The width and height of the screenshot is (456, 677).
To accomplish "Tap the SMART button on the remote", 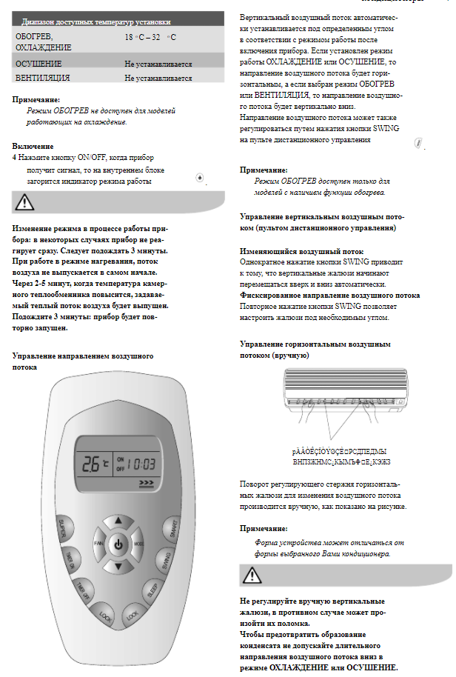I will coord(172,527).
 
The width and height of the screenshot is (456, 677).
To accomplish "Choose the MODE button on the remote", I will coord(138,545).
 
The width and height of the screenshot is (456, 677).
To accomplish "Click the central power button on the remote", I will coord(117,546).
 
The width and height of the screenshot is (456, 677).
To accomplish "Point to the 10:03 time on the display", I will coord(140,464).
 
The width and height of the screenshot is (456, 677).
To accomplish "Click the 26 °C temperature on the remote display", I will coord(93,465).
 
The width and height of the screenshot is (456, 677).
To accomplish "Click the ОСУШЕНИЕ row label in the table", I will coord(38,64).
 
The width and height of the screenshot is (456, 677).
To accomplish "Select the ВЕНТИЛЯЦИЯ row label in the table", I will coord(42,77).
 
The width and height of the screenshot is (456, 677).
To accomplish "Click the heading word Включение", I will coord(33,147).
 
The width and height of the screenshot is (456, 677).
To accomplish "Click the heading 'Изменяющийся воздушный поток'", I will coord(302,251).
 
